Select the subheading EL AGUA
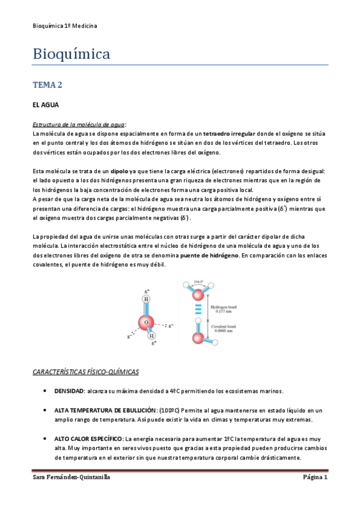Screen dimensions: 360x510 pos(45,105)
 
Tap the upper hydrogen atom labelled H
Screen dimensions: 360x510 pos(146,299)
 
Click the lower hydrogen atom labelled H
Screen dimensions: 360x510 pos(152,336)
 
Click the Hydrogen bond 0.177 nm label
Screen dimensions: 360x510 pos(224,309)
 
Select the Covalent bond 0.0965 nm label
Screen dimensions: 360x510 pos(224,328)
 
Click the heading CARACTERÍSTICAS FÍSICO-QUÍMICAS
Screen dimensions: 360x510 pos(85,372)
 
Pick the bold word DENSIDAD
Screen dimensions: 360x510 pos(69,391)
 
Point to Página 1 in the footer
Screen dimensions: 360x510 pos(314,478)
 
